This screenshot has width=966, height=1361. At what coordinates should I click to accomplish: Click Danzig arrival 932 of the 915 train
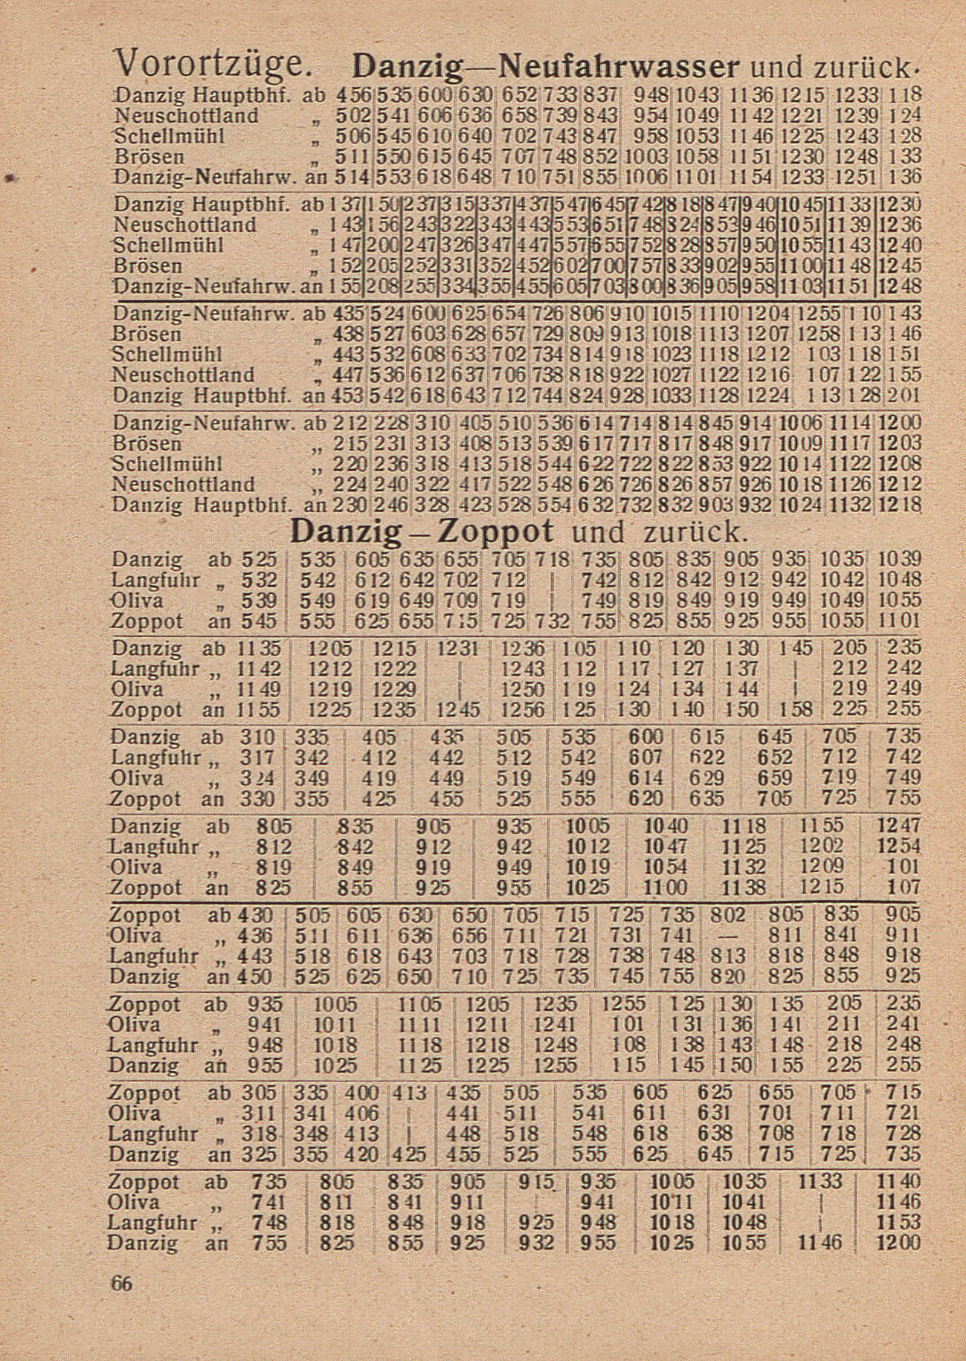point(538,1243)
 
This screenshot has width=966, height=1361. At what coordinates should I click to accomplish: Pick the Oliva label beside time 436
point(135,935)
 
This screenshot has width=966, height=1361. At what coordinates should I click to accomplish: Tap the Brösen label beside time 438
point(147,334)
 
